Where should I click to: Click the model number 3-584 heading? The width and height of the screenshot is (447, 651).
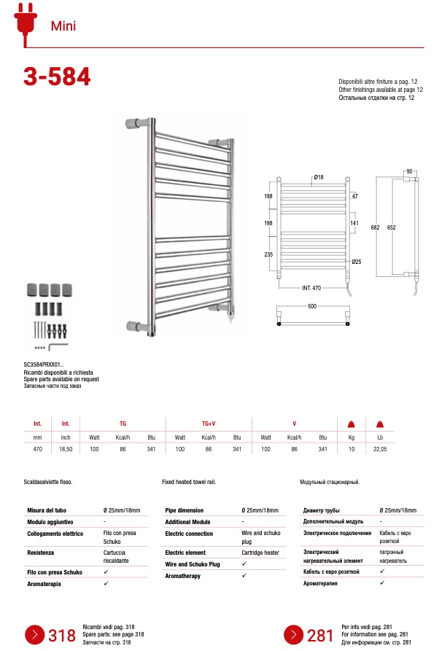(58, 77)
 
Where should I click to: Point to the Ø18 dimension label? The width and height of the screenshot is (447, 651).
(318, 178)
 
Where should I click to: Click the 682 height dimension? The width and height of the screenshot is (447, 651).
(375, 227)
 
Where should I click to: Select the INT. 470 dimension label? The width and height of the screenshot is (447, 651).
(311, 288)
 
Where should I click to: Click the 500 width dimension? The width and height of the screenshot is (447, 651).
(312, 307)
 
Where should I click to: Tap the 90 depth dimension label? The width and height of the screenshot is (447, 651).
(410, 171)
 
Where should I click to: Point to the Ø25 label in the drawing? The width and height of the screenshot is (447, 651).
(357, 262)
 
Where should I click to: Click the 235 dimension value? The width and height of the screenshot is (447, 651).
(268, 254)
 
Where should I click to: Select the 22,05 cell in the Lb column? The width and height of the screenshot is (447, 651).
(379, 449)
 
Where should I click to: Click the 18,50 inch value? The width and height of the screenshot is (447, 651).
(66, 449)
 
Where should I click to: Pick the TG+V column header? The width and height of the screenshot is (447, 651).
(208, 423)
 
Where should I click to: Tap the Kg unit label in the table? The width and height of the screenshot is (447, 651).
(351, 437)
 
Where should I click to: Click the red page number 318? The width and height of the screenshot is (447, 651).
(62, 636)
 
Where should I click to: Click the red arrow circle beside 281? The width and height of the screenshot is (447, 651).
(294, 635)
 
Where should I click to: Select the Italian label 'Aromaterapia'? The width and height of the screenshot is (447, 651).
(45, 583)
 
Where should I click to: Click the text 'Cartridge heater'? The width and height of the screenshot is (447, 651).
(261, 553)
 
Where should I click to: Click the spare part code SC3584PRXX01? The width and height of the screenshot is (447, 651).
(44, 365)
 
